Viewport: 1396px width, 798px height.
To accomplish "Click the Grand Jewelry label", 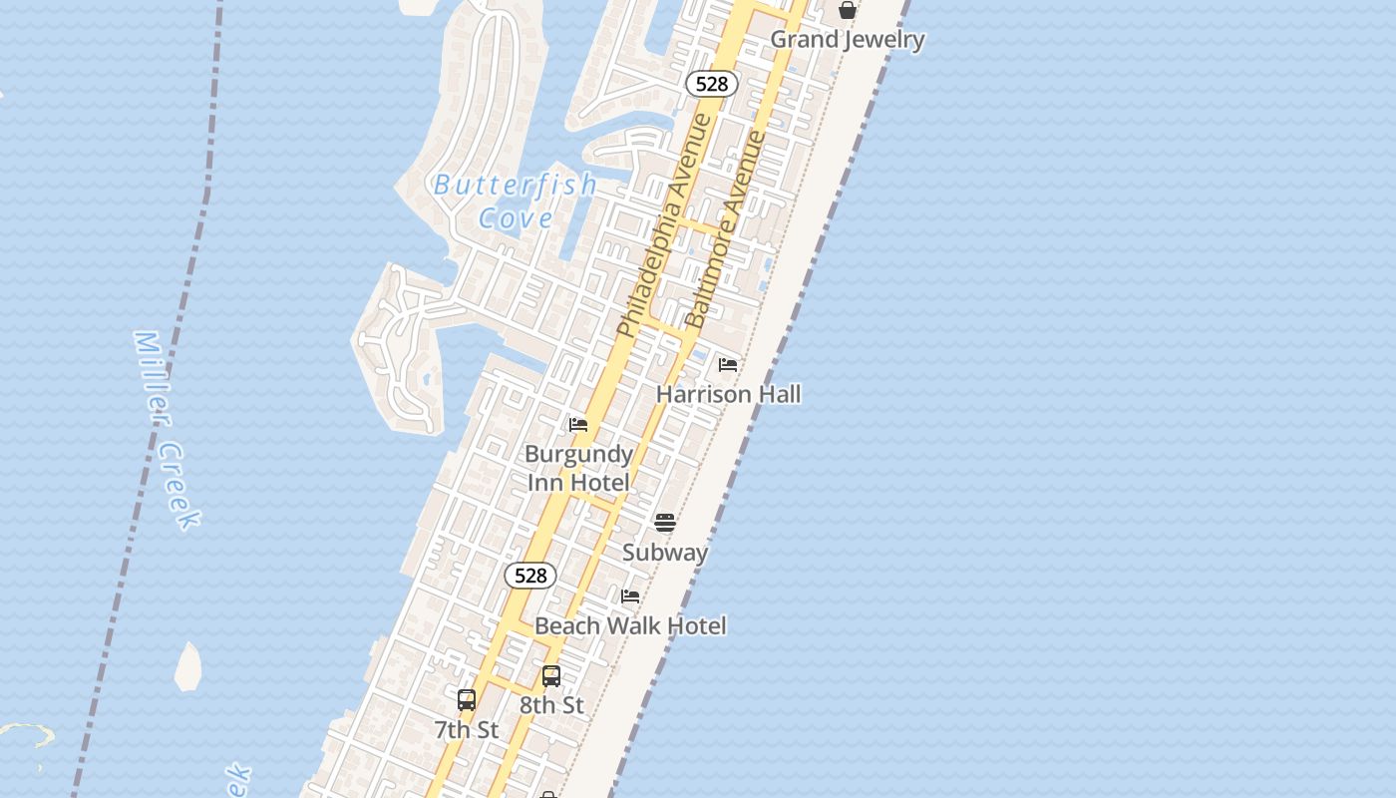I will (848, 40).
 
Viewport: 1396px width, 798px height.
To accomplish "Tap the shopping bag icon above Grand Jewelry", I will (848, 11).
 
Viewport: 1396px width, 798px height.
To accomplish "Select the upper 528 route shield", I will (712, 84).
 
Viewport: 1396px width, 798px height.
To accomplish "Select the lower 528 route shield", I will (530, 576).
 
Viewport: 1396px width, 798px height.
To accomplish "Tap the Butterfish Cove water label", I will (516, 200).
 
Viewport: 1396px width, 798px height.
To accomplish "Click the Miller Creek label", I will (167, 429).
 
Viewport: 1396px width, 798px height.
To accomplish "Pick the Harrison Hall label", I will (728, 394).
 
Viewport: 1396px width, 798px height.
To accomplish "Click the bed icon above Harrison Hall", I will (728, 365).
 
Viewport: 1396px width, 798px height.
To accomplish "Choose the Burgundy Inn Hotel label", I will (578, 468).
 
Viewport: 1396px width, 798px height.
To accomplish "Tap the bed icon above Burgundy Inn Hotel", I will (578, 426).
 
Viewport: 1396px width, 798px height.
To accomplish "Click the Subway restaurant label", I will (665, 552).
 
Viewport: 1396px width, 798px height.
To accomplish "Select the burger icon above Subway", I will (665, 523).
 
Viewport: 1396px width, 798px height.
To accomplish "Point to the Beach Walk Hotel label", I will (630, 625).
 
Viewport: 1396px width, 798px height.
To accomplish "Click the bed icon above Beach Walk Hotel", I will (630, 597).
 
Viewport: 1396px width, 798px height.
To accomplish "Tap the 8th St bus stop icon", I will (551, 676).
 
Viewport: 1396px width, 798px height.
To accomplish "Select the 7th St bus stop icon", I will (467, 700).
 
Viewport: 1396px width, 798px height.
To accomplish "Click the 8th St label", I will (551, 705).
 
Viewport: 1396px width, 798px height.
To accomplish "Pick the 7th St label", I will (467, 729).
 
